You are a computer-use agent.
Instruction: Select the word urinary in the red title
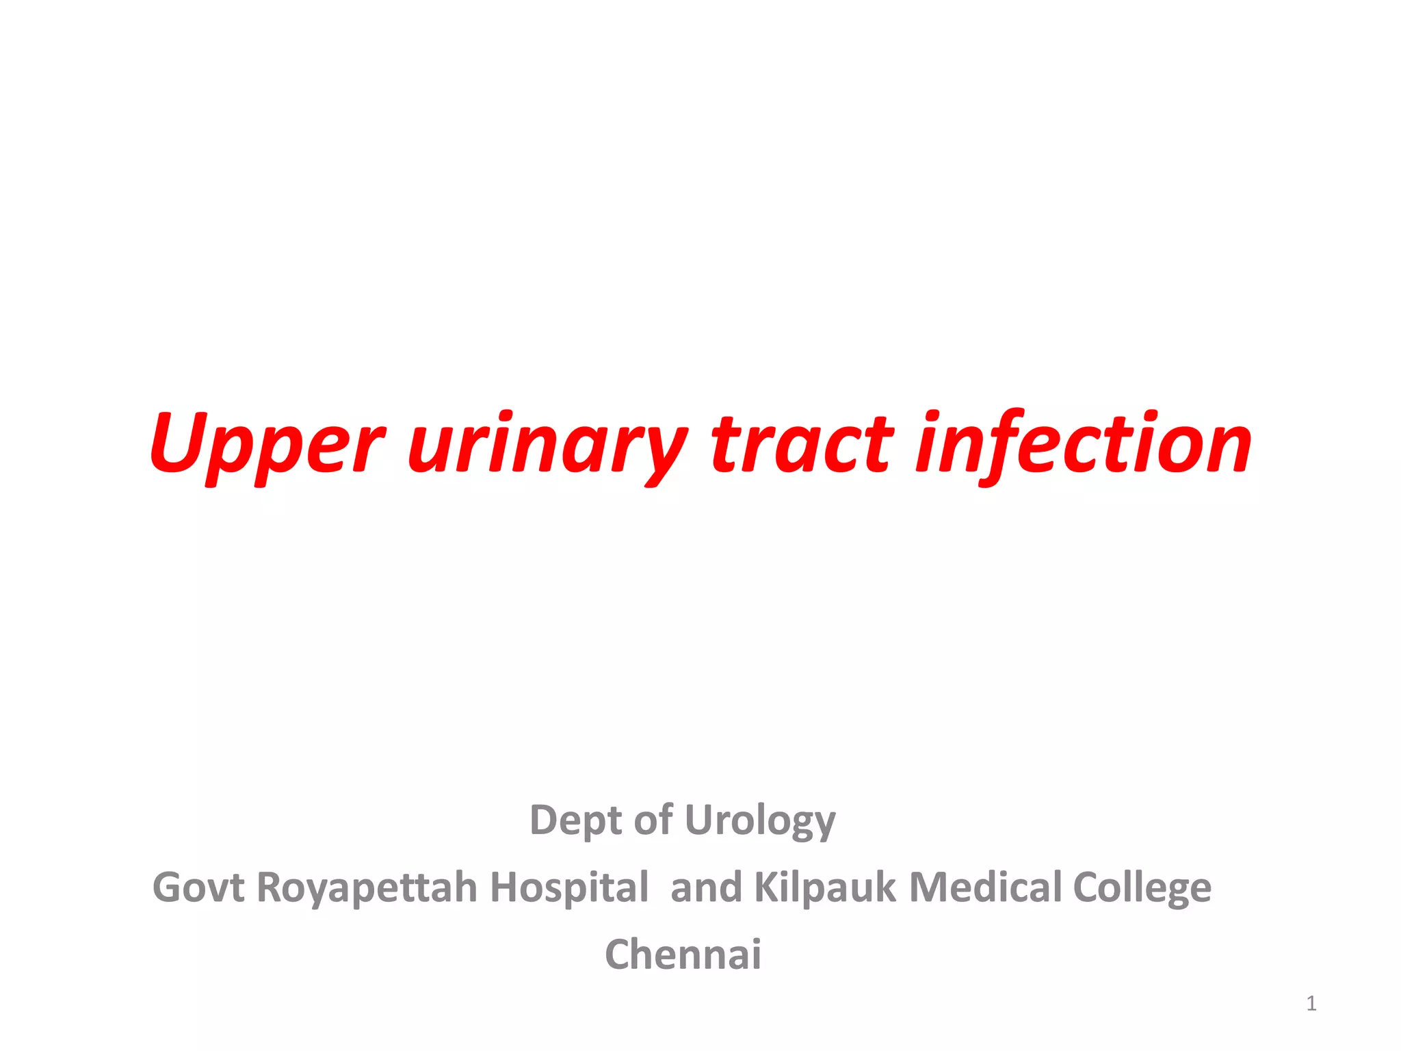click(x=547, y=445)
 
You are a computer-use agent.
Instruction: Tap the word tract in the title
click(x=802, y=445)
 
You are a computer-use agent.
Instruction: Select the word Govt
click(x=198, y=887)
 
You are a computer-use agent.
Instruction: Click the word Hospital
click(x=569, y=887)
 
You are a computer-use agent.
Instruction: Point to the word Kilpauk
click(x=824, y=887)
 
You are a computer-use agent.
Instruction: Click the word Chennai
click(x=683, y=954)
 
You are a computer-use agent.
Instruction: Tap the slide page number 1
click(x=1311, y=1004)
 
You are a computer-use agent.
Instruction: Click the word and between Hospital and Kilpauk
click(x=706, y=887)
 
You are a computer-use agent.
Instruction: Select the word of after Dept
click(x=653, y=820)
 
